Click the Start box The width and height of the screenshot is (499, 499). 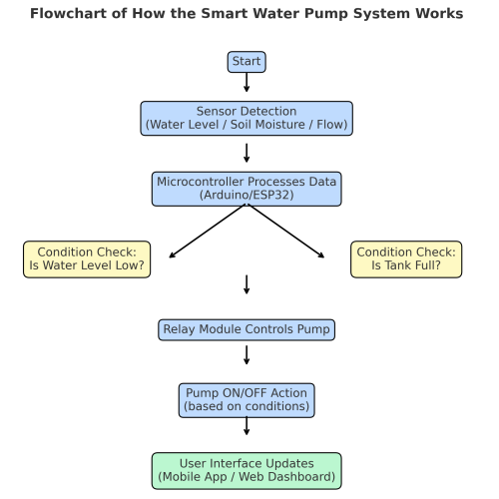[x=247, y=62]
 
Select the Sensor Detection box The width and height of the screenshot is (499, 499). [x=247, y=118]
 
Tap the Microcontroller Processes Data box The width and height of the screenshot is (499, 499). [x=247, y=188]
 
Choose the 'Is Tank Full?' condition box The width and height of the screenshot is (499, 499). [x=406, y=258]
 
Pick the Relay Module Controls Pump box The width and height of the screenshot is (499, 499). [x=247, y=329]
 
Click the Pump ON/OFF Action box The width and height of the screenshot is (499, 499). [x=247, y=399]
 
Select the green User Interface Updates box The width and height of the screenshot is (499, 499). [x=247, y=470]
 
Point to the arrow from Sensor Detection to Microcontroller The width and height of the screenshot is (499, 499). [x=247, y=153]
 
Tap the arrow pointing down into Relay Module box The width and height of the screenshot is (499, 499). [x=247, y=284]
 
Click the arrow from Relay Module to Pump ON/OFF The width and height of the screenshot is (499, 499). [x=247, y=354]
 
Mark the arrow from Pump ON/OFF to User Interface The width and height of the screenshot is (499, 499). [x=247, y=426]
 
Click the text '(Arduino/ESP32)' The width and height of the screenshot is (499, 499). [x=247, y=195]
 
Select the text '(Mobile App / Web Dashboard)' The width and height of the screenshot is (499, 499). [x=247, y=478]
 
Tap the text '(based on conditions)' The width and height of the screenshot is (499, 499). [x=247, y=407]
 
